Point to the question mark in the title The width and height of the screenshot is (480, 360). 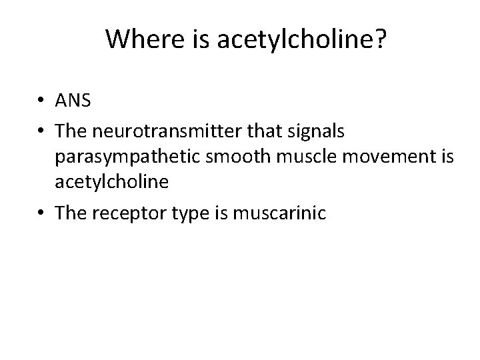pos(379,39)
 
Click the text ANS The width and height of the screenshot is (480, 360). pos(74,101)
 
